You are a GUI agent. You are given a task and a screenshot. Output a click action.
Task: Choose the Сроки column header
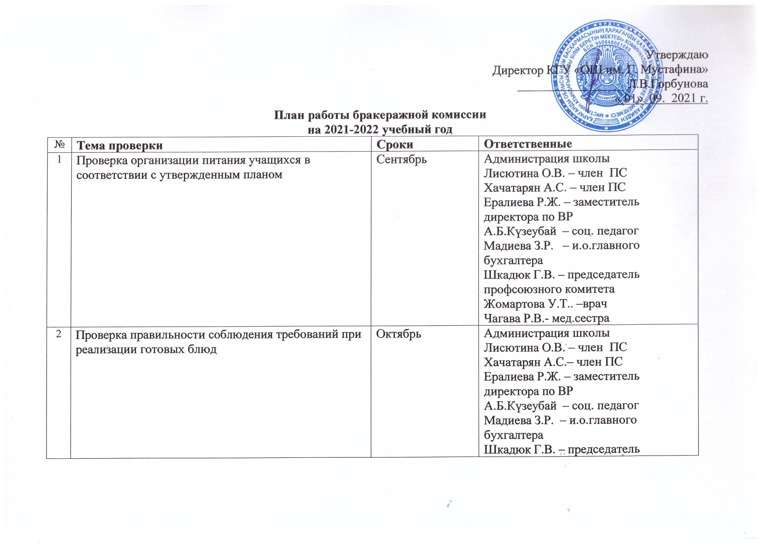click(394, 144)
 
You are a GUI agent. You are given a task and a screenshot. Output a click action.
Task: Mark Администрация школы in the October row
click(546, 333)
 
